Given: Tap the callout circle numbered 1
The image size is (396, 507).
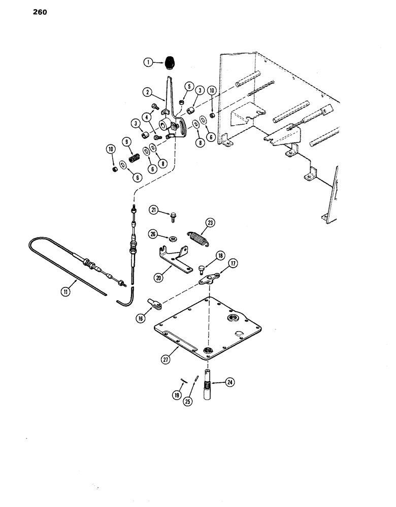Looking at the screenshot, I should pyautogui.click(x=148, y=62).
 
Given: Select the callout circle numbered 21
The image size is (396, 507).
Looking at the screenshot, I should pyautogui.click(x=153, y=210).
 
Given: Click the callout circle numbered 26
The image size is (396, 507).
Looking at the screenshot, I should pyautogui.click(x=153, y=233).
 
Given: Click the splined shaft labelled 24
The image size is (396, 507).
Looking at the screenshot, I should pyautogui.click(x=209, y=388).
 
